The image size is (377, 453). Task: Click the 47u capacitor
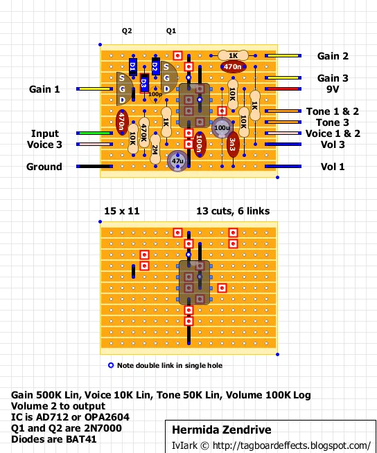pos(177,161)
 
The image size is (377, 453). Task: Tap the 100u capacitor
pos(222,128)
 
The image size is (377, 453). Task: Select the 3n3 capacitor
pos(233,145)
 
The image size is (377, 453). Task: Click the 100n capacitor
pos(199,145)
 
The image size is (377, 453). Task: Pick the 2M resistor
pos(155,149)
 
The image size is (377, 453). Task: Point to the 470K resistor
pos(144,133)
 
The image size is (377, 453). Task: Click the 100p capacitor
pos(155,95)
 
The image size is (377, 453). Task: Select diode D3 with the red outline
pos(144,84)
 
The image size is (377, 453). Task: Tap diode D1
pos(133,66)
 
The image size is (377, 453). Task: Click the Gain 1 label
pos(44,89)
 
